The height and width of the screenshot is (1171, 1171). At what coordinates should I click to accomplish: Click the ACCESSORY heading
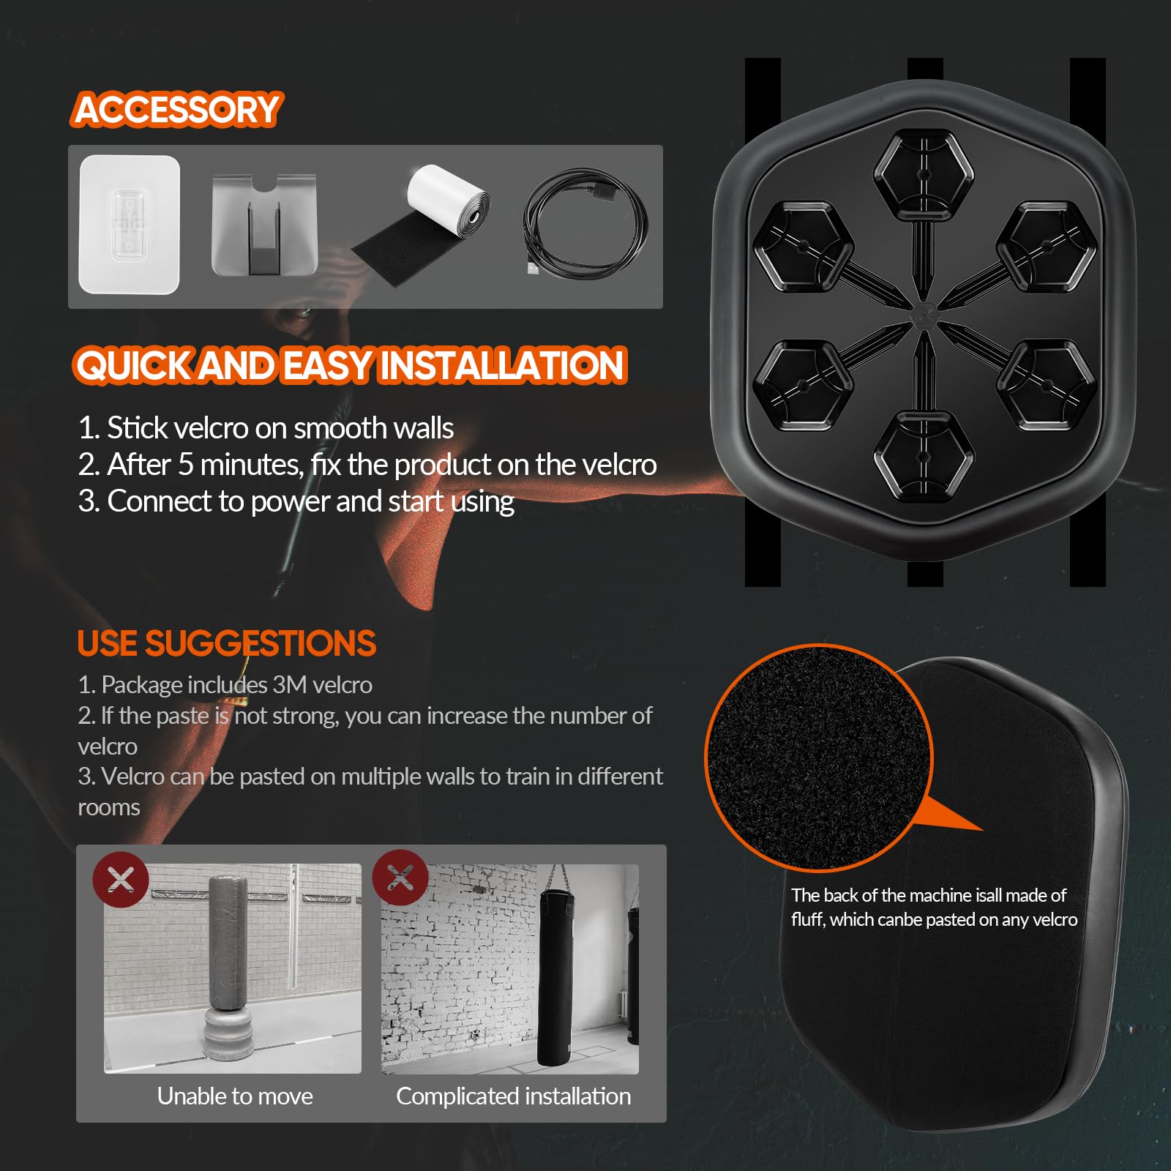click(176, 110)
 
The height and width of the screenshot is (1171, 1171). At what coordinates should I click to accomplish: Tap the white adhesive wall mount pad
click(129, 224)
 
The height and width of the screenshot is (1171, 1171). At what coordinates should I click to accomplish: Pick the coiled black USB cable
click(585, 224)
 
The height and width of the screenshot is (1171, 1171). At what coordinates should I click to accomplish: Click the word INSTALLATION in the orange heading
click(502, 365)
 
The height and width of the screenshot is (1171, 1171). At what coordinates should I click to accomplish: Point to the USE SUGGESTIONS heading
click(226, 643)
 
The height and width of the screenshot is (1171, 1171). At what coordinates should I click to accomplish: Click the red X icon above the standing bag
click(121, 879)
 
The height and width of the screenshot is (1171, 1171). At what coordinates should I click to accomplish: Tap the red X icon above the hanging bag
click(400, 878)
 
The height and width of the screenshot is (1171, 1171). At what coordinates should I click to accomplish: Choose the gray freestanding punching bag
click(230, 973)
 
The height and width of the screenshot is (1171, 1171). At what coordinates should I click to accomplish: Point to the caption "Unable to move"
click(235, 1096)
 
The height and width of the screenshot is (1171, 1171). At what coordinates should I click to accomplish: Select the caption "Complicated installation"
click(513, 1096)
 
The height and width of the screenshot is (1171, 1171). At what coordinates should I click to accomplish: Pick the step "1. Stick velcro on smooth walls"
click(266, 428)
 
